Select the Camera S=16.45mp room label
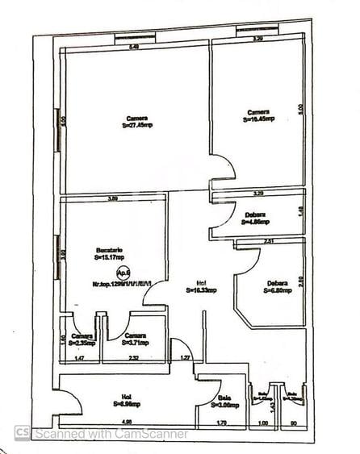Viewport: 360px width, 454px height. [x=259, y=115]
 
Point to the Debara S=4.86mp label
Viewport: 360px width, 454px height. [x=257, y=218]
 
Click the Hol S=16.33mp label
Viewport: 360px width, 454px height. [x=200, y=287]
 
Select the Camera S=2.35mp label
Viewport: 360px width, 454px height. [x=82, y=339]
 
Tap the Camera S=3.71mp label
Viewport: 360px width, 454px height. [x=135, y=339]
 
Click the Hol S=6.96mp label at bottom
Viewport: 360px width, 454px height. [x=127, y=401]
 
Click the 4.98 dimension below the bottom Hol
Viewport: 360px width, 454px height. [x=126, y=421]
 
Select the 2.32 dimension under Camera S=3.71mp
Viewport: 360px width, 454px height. [x=133, y=357]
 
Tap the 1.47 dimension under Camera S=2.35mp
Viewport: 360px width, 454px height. [x=79, y=357]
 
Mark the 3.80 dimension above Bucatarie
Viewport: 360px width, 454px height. [x=113, y=198]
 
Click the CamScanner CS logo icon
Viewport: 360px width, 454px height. [x=22, y=433]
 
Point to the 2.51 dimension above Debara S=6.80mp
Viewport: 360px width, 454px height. [x=269, y=241]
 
